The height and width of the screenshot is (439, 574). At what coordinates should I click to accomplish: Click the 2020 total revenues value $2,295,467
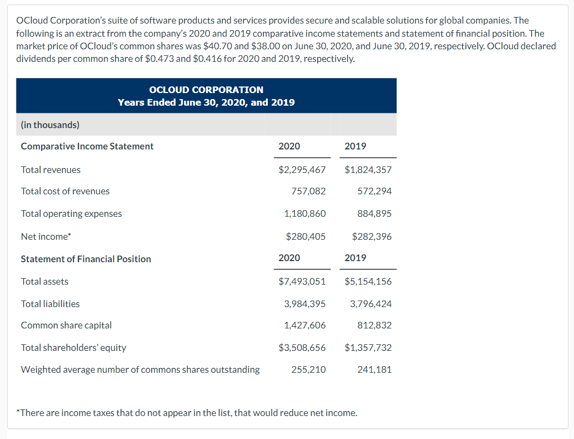tap(302, 170)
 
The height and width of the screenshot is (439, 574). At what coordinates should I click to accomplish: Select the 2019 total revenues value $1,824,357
tap(368, 170)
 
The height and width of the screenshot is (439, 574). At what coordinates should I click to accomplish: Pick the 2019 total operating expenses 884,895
tap(374, 213)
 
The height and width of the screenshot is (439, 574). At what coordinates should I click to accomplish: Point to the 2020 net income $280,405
tap(306, 236)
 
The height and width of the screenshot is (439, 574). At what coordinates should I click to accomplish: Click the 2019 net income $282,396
tap(372, 236)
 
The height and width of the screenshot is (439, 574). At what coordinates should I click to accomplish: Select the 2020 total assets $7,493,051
tap(302, 281)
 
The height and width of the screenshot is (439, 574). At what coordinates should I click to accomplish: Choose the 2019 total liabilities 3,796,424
tap(371, 304)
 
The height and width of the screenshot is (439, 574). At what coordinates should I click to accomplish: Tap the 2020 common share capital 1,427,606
tap(305, 325)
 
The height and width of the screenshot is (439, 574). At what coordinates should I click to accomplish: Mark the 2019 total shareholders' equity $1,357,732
tap(368, 348)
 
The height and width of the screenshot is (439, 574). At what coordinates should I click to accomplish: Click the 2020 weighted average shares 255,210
tap(308, 369)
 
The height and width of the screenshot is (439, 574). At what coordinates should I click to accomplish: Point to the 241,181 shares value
tap(374, 369)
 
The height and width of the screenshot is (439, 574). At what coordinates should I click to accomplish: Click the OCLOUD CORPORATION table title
tap(206, 90)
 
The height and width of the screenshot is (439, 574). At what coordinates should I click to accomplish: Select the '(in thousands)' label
tap(50, 125)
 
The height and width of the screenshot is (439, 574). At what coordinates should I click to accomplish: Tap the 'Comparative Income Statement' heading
tap(87, 146)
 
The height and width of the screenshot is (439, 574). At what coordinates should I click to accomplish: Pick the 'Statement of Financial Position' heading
tap(86, 259)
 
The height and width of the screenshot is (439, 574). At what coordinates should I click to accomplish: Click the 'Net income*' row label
tap(46, 236)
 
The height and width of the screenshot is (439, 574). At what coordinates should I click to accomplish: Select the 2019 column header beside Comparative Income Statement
tap(355, 146)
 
